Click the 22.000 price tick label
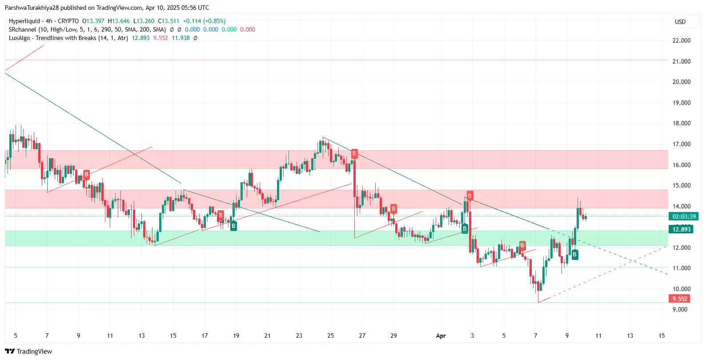coord(681,40)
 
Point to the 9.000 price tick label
coord(679,309)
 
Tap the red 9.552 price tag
coord(679,299)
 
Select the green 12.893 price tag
coord(681,229)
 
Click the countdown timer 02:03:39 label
coord(684,216)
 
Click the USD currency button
coord(680,22)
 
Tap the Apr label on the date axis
coord(441,336)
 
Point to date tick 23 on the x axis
coord(299,336)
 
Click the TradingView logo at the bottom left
coord(28,351)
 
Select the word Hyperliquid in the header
coord(24,21)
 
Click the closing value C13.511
coord(168,21)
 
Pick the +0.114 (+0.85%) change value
coord(204,21)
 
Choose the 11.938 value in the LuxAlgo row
coord(181,38)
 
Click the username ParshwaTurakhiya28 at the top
coord(32,8)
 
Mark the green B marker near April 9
coord(574,255)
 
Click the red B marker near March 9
coord(86,174)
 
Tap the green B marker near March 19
coord(233,226)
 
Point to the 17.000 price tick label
coord(681,144)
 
